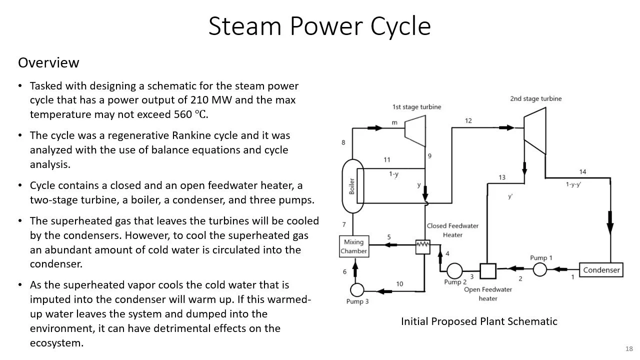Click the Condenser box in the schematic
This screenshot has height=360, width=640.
click(x=601, y=270)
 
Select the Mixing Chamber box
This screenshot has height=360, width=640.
click(x=354, y=246)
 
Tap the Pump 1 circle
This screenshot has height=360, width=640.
click(x=539, y=270)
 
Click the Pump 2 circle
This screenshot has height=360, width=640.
click(x=454, y=271)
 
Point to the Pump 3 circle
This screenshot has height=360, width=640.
click(x=356, y=289)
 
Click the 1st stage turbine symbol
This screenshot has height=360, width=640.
click(x=414, y=129)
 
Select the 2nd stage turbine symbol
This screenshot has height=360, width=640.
click(x=534, y=131)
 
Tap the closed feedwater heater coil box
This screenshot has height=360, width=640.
click(x=422, y=246)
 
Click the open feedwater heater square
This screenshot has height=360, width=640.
click(x=487, y=271)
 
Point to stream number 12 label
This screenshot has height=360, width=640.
click(x=468, y=121)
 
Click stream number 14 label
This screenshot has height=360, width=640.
click(x=582, y=172)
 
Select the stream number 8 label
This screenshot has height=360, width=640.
click(x=343, y=142)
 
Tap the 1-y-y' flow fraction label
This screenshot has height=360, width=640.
click(x=573, y=184)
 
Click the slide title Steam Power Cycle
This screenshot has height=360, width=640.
click(x=319, y=26)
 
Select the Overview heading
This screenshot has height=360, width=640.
click(x=48, y=63)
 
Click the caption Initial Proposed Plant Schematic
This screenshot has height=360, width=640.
click(x=478, y=321)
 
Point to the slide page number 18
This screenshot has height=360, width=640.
click(x=628, y=348)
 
